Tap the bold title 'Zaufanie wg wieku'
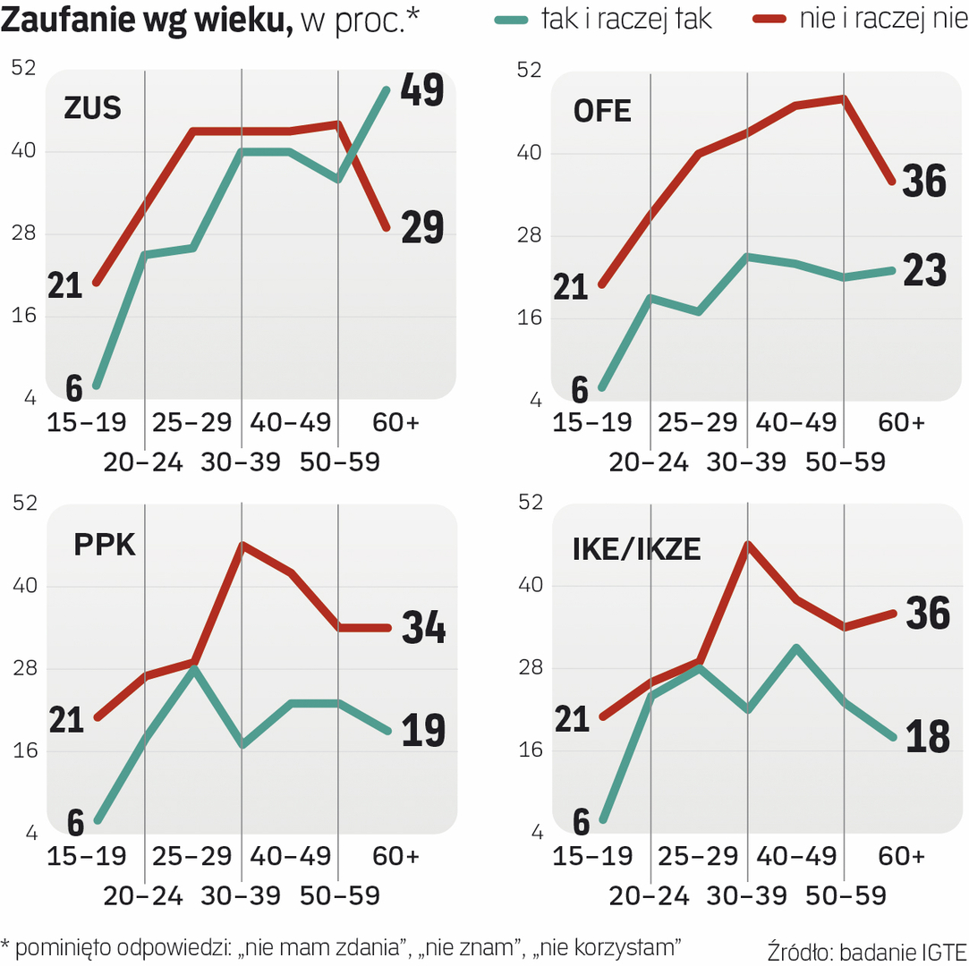148,21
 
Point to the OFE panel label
602,111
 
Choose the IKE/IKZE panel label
636,549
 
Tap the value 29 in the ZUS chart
422,228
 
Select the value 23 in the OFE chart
924,270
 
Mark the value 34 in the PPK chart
423,627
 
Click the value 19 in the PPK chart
423,731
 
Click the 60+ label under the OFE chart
900,422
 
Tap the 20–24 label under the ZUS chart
143,462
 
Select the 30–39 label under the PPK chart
241,895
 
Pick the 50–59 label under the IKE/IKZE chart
846,895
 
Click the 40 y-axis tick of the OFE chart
530,153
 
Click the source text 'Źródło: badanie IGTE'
867,948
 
